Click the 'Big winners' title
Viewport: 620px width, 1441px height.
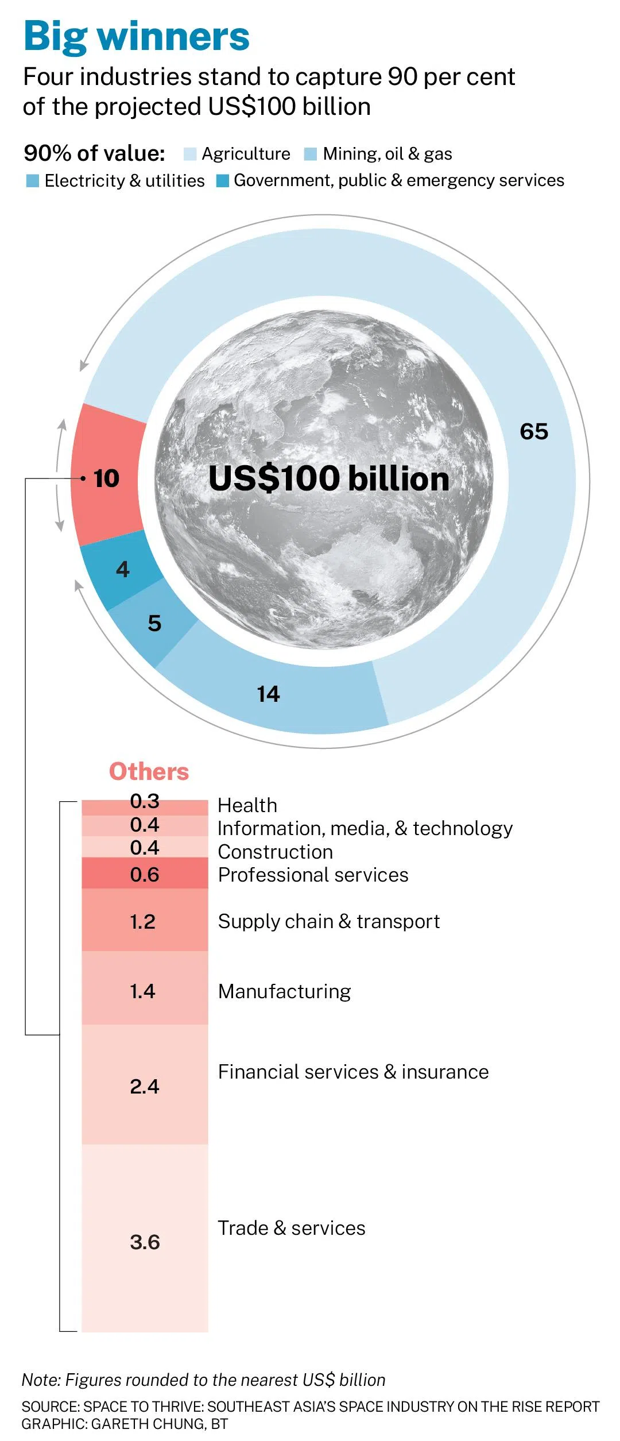(x=137, y=36)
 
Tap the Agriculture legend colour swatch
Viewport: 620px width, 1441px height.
(x=190, y=154)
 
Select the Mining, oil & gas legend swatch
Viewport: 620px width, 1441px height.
(x=311, y=154)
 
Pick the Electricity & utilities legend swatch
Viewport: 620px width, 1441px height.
(x=33, y=181)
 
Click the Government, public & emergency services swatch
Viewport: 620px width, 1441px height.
(x=223, y=181)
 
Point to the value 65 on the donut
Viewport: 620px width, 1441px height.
(x=534, y=432)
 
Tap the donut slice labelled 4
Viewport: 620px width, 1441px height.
(x=122, y=569)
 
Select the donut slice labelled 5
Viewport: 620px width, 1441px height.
(x=154, y=623)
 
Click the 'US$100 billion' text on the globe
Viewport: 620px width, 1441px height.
(x=328, y=478)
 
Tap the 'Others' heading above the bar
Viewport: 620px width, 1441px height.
(x=149, y=771)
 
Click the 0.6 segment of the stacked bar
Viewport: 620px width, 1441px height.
(x=145, y=873)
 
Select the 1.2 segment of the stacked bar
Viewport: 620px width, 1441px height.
(x=145, y=920)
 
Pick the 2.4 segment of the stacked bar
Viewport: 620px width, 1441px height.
(x=145, y=1085)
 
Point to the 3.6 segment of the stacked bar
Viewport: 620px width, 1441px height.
(x=145, y=1238)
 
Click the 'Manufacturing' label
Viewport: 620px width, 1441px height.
(x=285, y=991)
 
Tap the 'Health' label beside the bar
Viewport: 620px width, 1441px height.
(x=247, y=805)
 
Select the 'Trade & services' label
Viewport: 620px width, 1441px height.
(x=292, y=1228)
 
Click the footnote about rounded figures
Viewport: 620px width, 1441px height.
(x=204, y=1380)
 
